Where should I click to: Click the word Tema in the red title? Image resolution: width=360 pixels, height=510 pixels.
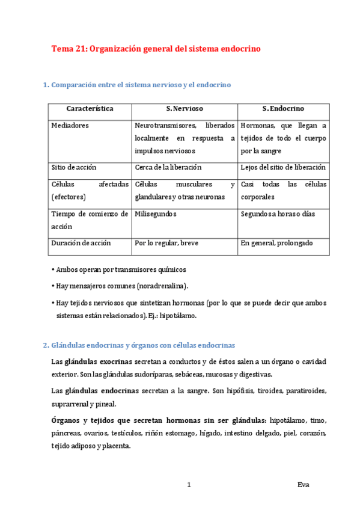pos(62,49)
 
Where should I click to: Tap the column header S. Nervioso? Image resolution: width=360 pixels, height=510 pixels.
pos(185,109)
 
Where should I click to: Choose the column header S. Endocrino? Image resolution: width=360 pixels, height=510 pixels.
pos(283,109)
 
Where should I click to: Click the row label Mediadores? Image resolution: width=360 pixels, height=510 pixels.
pos(70,126)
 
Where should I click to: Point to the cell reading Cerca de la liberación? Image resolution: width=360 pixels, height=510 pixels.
pos(168,167)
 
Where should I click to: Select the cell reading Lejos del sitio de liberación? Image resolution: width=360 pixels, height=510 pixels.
pos(282,167)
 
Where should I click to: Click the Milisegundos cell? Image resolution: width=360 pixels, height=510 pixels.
pos(155,214)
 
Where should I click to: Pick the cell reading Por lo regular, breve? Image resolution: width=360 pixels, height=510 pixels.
pos(166,243)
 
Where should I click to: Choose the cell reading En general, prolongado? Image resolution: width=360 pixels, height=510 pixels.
pos(276,243)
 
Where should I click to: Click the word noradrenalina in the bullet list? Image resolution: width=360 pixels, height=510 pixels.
pos(162,286)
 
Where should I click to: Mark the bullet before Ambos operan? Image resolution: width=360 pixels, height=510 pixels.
pos(53,269)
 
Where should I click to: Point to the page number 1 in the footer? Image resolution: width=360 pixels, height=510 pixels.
pos(189,485)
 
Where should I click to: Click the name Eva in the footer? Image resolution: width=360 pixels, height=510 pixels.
pos(304,485)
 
